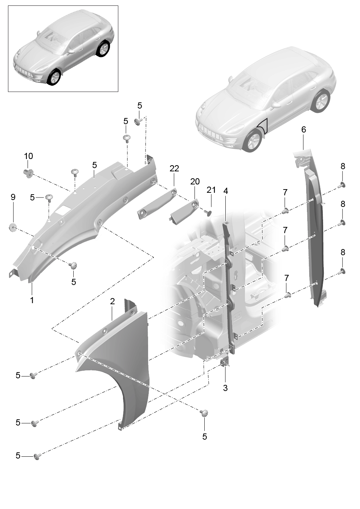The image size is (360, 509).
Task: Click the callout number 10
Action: pos(28,156)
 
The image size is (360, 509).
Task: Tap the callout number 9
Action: pos(13,197)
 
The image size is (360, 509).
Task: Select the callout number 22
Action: pos(174,168)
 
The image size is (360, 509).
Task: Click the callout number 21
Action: pos(211,190)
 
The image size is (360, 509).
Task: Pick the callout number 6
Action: pos(304,130)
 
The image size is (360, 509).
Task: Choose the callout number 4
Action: pos(225,191)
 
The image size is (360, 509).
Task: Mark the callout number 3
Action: pos(225,388)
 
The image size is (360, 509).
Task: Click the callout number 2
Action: pos(112,302)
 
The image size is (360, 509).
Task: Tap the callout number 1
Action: pos(32,300)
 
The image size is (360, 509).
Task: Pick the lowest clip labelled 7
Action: pos(287,295)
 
